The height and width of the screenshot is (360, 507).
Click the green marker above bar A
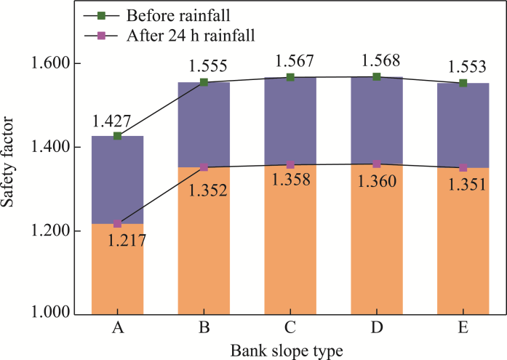click(x=118, y=136)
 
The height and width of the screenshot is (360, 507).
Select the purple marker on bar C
click(x=290, y=165)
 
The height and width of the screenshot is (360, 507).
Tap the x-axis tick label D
click(x=377, y=328)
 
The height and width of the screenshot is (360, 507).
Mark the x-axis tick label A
click(x=118, y=328)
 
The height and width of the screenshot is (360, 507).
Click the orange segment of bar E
click(x=463, y=240)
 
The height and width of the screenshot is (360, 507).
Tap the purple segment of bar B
click(x=204, y=124)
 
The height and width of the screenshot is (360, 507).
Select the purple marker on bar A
click(x=118, y=223)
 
